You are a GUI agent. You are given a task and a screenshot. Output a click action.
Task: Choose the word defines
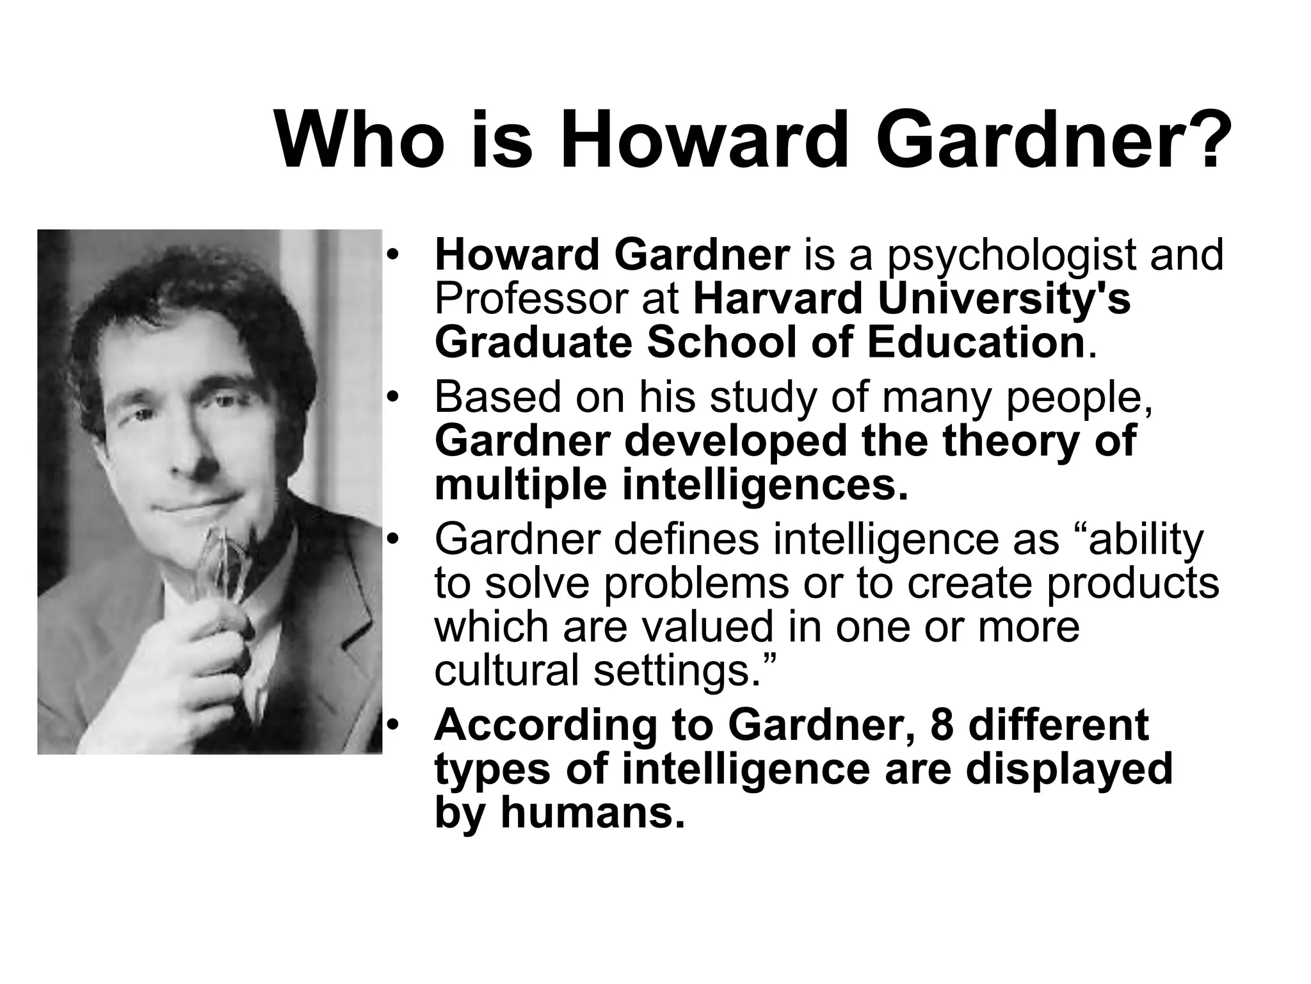[692, 539]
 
